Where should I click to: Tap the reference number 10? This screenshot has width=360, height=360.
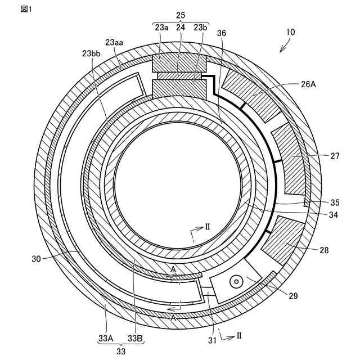click(x=290, y=33)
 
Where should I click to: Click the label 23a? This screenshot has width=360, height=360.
click(x=161, y=26)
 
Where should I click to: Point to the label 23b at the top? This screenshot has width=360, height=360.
click(x=200, y=26)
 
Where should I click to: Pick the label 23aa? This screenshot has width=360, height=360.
click(x=115, y=42)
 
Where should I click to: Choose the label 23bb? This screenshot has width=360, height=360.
click(x=91, y=53)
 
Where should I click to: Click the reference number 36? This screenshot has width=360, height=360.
click(x=222, y=33)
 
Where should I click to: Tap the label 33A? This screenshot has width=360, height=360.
click(x=106, y=338)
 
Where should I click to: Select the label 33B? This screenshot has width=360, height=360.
click(x=135, y=338)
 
